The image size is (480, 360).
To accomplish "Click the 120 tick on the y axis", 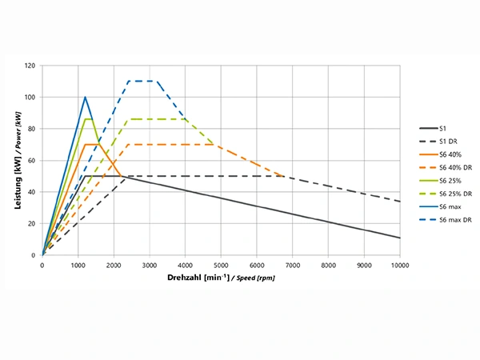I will [30, 66].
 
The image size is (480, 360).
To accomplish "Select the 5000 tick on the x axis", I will [221, 265].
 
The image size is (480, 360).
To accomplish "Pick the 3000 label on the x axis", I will [150, 265].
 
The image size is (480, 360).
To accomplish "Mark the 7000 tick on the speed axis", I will [292, 265].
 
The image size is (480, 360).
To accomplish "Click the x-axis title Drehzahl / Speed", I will [221, 278].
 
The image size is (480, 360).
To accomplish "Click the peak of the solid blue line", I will [85, 98].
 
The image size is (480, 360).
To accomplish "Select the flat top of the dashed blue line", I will [142, 81].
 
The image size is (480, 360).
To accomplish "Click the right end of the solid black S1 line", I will [398, 238].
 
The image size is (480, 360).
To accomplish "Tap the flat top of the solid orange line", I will [91, 145].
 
